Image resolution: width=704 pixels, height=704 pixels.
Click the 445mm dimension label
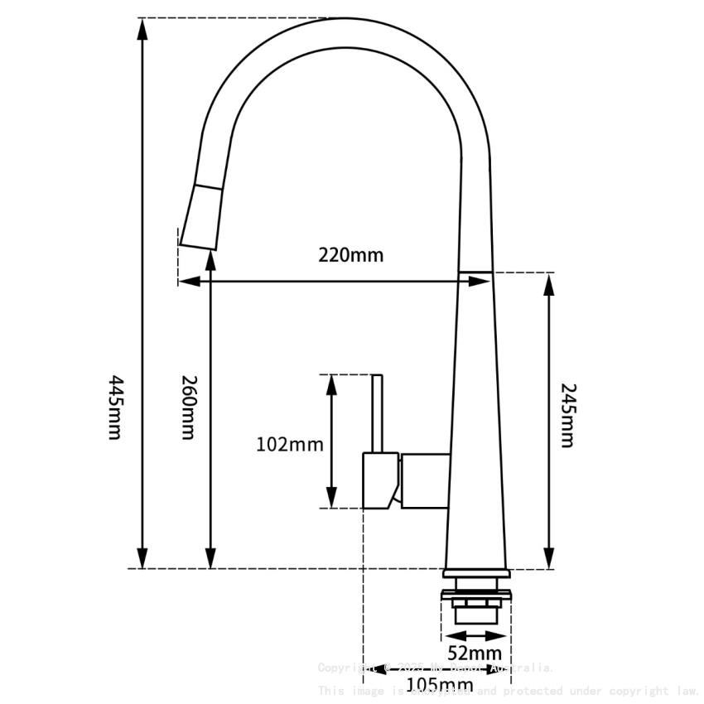[x=115, y=407]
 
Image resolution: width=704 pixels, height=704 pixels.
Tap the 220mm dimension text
[x=351, y=255]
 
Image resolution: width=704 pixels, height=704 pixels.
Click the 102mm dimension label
[x=289, y=445]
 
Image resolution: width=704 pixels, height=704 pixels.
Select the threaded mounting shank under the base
[x=476, y=608]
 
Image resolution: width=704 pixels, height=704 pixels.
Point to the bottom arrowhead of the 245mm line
[x=548, y=558]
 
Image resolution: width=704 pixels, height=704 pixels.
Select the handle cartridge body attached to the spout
[x=425, y=480]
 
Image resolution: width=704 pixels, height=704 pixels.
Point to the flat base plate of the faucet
[x=477, y=573]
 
